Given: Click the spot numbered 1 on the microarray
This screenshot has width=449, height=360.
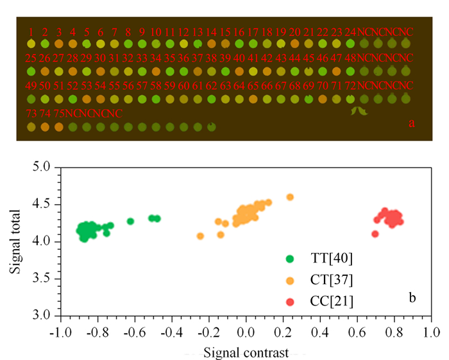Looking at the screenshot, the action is (31, 44).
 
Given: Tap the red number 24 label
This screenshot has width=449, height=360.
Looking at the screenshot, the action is (350, 32).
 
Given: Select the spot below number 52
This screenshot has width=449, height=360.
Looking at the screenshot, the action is (72, 99).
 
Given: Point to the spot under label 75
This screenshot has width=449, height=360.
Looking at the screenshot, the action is (59, 127).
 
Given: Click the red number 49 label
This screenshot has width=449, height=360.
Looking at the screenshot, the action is (31, 85).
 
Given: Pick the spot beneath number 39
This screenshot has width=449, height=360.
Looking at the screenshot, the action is (225, 71).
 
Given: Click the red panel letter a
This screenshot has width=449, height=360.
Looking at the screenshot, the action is (412, 123).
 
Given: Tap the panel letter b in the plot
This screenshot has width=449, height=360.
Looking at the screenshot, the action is (412, 298).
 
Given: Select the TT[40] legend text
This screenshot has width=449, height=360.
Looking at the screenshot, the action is (332, 259).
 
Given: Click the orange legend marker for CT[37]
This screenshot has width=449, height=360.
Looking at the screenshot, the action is (290, 280).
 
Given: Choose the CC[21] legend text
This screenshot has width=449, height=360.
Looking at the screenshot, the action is (332, 302).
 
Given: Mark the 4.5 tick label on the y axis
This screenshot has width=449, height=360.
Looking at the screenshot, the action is (41, 204).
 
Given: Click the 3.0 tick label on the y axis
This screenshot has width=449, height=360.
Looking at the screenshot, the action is (41, 315).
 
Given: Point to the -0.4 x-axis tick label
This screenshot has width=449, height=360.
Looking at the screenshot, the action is (172, 333).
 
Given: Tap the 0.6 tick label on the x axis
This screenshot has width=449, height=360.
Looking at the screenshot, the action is (357, 333).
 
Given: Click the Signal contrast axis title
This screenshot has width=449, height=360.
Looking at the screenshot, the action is (246, 353).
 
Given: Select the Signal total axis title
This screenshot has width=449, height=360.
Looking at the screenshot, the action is (15, 242).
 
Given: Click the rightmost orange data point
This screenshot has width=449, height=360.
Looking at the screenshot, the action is (290, 197).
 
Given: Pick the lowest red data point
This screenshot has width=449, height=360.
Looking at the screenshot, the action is (375, 234).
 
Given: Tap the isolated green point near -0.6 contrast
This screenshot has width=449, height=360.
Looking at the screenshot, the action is (130, 221).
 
